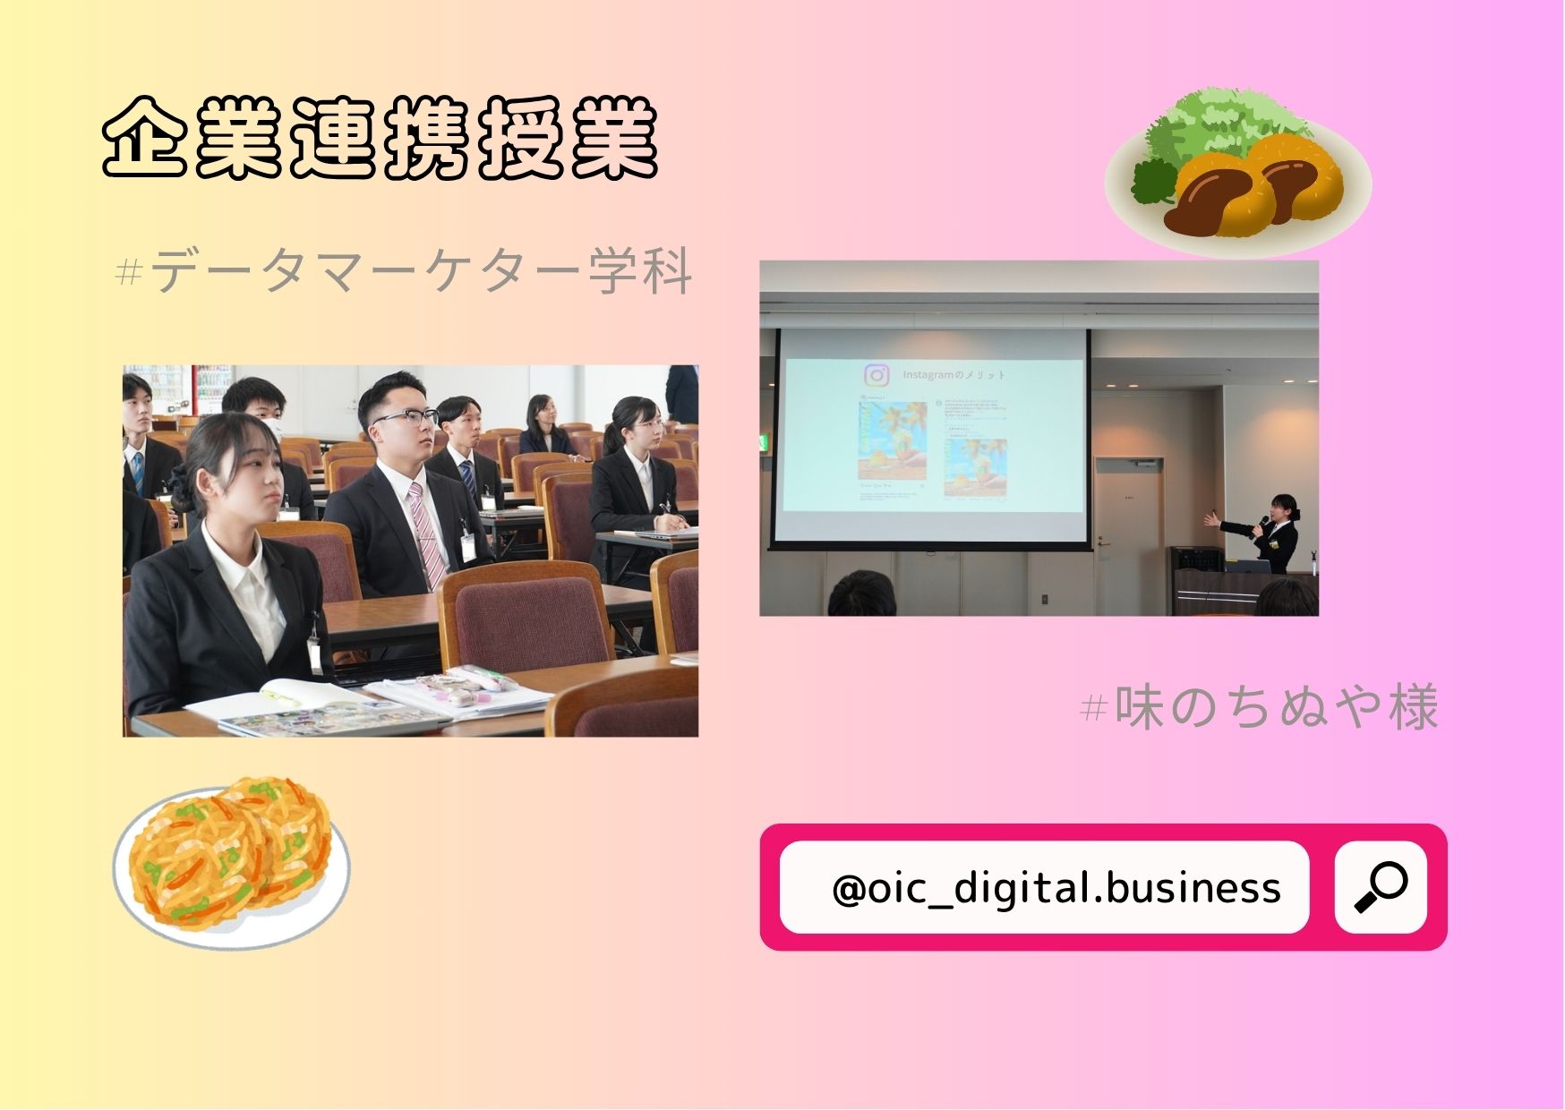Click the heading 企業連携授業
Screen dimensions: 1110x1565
click(x=381, y=139)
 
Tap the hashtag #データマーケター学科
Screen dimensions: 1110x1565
click(x=405, y=270)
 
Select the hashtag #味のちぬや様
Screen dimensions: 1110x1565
click(x=1261, y=707)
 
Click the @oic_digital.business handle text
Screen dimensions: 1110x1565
click(x=1056, y=888)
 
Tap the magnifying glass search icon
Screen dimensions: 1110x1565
click(x=1381, y=887)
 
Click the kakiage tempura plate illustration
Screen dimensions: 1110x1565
click(x=231, y=864)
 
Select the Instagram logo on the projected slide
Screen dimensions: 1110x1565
click(x=877, y=375)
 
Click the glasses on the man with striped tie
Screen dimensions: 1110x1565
click(x=405, y=418)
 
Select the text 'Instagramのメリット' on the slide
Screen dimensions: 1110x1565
click(x=954, y=375)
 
